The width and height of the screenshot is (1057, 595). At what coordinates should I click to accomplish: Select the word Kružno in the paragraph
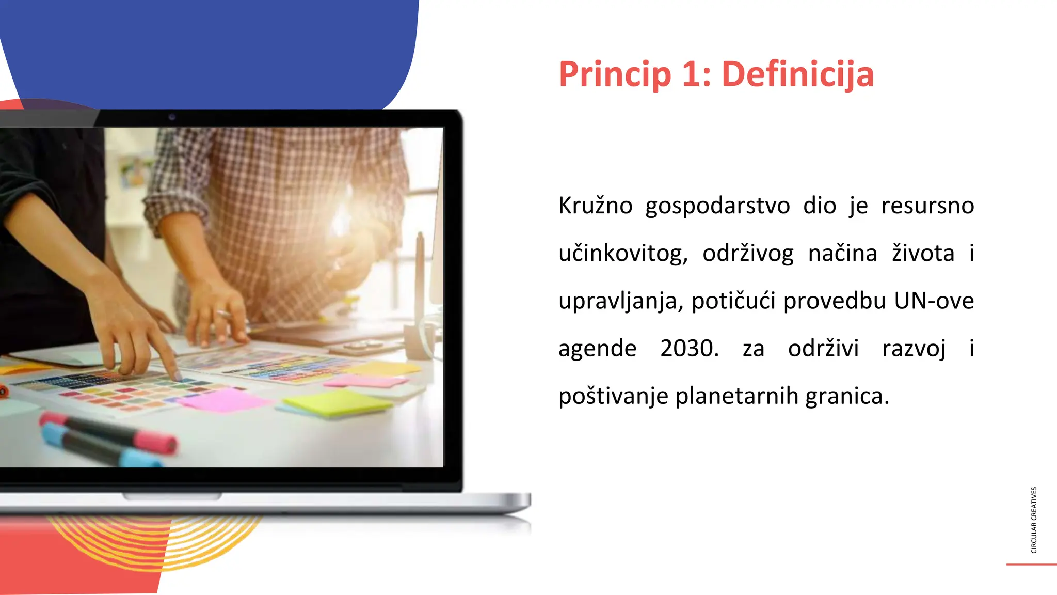point(595,206)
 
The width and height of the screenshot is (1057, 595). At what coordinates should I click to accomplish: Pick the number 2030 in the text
point(688,349)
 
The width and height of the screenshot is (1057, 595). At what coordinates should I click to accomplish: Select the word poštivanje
point(613,397)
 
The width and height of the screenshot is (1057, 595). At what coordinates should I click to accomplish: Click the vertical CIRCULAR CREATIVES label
point(1034,520)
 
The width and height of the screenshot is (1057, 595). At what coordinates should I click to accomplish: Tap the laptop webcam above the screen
point(172,117)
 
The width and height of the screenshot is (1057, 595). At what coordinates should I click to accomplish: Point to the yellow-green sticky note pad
point(338,403)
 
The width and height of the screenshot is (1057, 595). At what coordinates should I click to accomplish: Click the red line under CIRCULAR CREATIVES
point(1031,565)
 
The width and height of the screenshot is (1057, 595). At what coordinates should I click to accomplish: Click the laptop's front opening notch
point(172,497)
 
